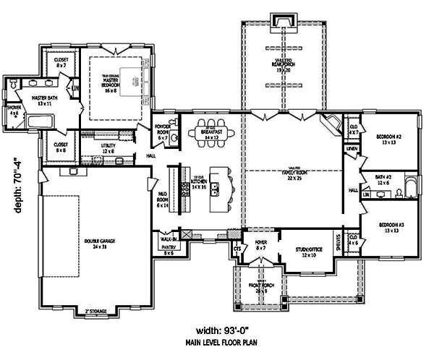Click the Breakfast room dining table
211,133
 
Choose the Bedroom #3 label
393,228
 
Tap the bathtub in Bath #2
409,189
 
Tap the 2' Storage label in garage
96,311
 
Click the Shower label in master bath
15,111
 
